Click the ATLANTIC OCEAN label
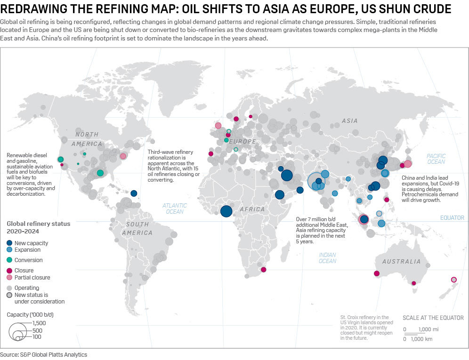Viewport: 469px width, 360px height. [x=174, y=208]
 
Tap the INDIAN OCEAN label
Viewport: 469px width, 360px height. [x=327, y=258]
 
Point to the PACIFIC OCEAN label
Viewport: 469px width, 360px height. [x=436, y=159]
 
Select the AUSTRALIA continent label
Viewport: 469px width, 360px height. [x=401, y=262]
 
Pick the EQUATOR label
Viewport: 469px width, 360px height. [x=452, y=218]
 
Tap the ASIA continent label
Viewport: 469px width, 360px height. [x=350, y=121]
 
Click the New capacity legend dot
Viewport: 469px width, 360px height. [x=10, y=243]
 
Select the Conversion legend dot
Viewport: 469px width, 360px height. [x=10, y=260]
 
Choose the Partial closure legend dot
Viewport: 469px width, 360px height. [x=10, y=278]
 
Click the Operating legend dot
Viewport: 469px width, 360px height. [x=10, y=288]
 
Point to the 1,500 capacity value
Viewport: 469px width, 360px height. [x=40, y=323]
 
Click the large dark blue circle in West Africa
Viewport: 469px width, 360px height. [x=226, y=211]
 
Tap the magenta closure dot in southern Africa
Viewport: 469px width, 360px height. [x=263, y=270]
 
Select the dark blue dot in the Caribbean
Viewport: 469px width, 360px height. [x=134, y=193]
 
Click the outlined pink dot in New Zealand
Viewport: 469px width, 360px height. [x=453, y=280]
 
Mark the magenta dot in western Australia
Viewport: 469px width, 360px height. [x=376, y=273]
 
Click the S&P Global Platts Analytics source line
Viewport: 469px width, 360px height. [x=44, y=355]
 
